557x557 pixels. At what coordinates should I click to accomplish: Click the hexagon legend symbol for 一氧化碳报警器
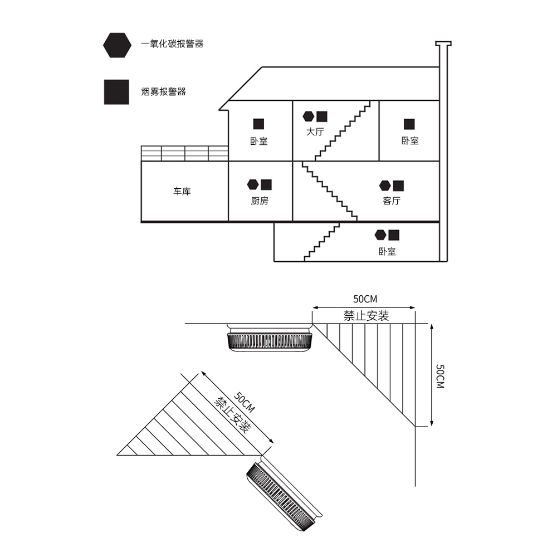(x=117, y=45)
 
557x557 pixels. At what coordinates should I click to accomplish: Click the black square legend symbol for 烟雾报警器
(x=116, y=92)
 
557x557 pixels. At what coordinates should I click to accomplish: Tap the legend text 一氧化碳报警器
(x=172, y=43)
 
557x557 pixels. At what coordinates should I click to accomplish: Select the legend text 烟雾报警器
(x=163, y=92)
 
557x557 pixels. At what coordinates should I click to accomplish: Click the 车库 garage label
(x=182, y=192)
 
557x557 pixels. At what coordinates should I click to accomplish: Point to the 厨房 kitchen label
(x=260, y=201)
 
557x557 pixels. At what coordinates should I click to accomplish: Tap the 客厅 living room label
(x=392, y=201)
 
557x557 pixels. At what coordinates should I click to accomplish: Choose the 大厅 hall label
(x=315, y=132)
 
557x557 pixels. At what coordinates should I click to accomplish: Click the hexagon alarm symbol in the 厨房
(x=253, y=184)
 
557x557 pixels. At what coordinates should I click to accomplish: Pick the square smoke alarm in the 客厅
(x=398, y=186)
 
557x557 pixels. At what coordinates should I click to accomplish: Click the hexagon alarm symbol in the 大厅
(x=309, y=116)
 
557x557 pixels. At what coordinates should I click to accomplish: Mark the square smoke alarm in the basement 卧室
(x=394, y=235)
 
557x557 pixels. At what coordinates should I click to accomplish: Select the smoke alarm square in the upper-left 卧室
(x=258, y=124)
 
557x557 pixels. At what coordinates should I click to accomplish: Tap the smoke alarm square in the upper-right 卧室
(x=409, y=124)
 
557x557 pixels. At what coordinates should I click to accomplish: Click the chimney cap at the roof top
(x=443, y=43)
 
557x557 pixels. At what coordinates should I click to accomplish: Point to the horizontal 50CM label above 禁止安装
(x=365, y=299)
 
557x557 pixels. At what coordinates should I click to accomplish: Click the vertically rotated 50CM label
(x=440, y=376)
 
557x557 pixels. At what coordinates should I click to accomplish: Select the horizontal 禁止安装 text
(x=367, y=316)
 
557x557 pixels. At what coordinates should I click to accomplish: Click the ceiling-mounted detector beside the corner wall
(x=270, y=338)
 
